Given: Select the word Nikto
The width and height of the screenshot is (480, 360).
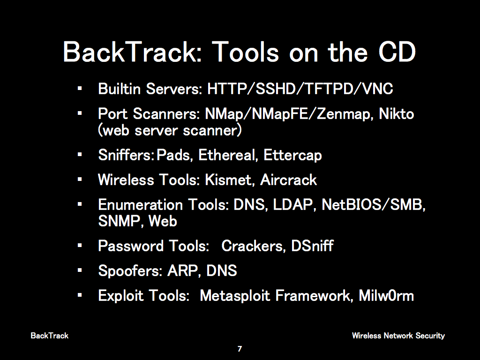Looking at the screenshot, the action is tap(397, 113).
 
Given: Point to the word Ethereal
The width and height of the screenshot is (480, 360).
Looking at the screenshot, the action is tap(227, 155).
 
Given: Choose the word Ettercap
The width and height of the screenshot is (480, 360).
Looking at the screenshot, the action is tap(292, 155).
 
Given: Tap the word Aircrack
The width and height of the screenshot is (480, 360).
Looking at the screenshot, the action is tap(288, 180).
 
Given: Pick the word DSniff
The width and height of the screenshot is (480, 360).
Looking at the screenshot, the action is tap(312, 246).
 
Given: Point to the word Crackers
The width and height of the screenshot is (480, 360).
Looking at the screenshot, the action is tap(254, 246).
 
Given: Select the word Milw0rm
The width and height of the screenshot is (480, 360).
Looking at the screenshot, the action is tap(386, 296).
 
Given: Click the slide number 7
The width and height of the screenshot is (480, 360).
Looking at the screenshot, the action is tap(240, 349).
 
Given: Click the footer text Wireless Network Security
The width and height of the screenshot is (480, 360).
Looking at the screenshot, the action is tap(398, 336).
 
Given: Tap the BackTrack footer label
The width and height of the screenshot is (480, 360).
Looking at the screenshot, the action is tap(50, 336).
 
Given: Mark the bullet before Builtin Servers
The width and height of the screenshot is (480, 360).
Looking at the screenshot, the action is tap(80, 89).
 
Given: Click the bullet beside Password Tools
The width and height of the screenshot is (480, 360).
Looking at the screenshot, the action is tap(80, 246).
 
